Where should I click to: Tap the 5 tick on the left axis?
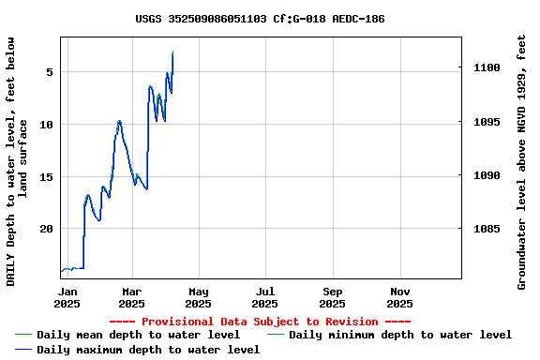point(49,72)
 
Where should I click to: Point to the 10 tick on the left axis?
point(46,125)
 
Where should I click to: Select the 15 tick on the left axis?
point(46,176)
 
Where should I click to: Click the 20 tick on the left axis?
point(46,229)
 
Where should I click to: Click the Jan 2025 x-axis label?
point(67,297)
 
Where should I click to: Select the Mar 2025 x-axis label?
point(132,297)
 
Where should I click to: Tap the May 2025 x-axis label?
point(198,297)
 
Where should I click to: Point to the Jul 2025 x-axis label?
point(265,297)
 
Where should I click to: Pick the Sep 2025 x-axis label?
point(333,297)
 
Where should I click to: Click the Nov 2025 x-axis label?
point(399,297)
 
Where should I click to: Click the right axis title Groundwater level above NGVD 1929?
point(522,161)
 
